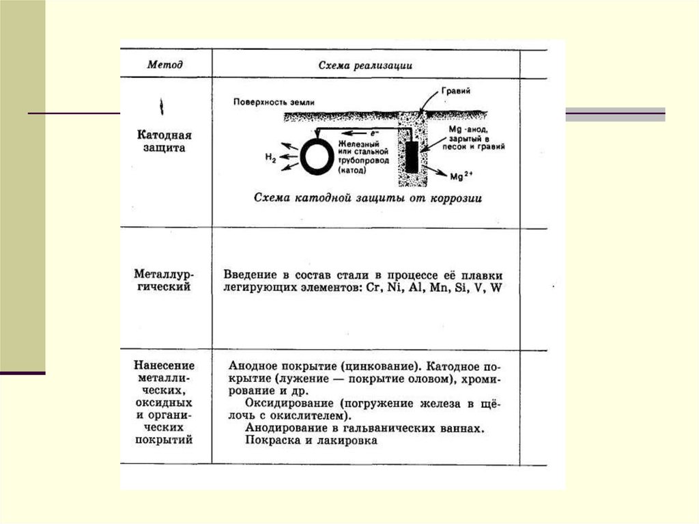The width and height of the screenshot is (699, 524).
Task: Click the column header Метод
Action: point(165,65)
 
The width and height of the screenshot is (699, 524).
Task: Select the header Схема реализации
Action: point(365,66)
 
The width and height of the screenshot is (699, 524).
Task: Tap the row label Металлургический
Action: point(162,280)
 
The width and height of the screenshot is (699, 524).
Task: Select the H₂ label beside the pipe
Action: point(270,158)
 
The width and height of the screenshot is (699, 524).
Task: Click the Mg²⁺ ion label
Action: point(461,176)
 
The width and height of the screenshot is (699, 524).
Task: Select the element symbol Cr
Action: point(373,288)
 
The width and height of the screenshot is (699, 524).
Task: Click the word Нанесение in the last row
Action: point(164,366)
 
